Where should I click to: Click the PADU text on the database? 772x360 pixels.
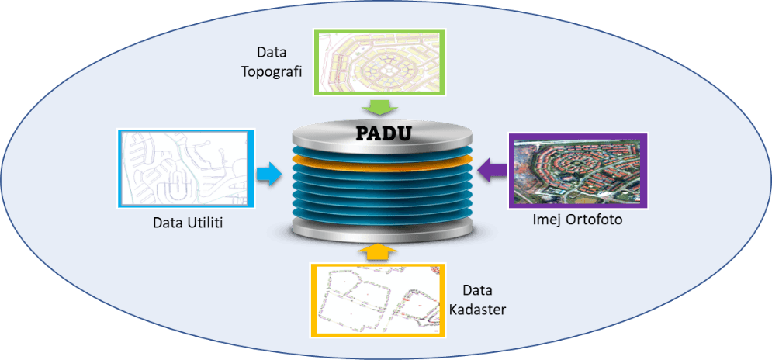[x=383, y=133]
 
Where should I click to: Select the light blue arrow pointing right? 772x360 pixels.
[x=268, y=174]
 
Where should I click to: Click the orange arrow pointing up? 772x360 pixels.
[x=376, y=251]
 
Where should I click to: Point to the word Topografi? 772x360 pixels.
[x=272, y=71]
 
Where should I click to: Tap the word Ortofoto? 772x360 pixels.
[x=593, y=220]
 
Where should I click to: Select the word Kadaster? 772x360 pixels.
[x=478, y=310]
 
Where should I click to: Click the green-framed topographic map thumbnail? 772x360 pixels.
[x=378, y=61]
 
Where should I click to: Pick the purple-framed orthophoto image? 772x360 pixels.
[x=577, y=171]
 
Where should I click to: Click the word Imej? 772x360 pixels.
[x=547, y=220]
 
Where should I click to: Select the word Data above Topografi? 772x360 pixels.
[x=272, y=53]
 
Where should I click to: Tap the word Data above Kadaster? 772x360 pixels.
[x=478, y=291]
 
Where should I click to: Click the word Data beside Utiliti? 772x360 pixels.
[x=168, y=223]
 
